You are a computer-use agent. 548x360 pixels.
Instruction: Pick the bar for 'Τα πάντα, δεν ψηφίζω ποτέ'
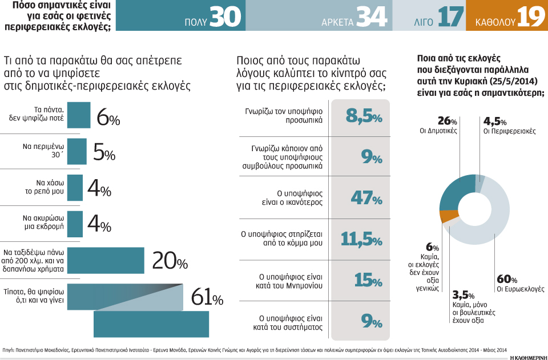tap(79, 115)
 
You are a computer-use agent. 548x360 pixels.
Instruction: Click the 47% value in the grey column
tap(361, 198)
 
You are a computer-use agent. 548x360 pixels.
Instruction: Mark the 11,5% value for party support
tap(361, 238)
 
